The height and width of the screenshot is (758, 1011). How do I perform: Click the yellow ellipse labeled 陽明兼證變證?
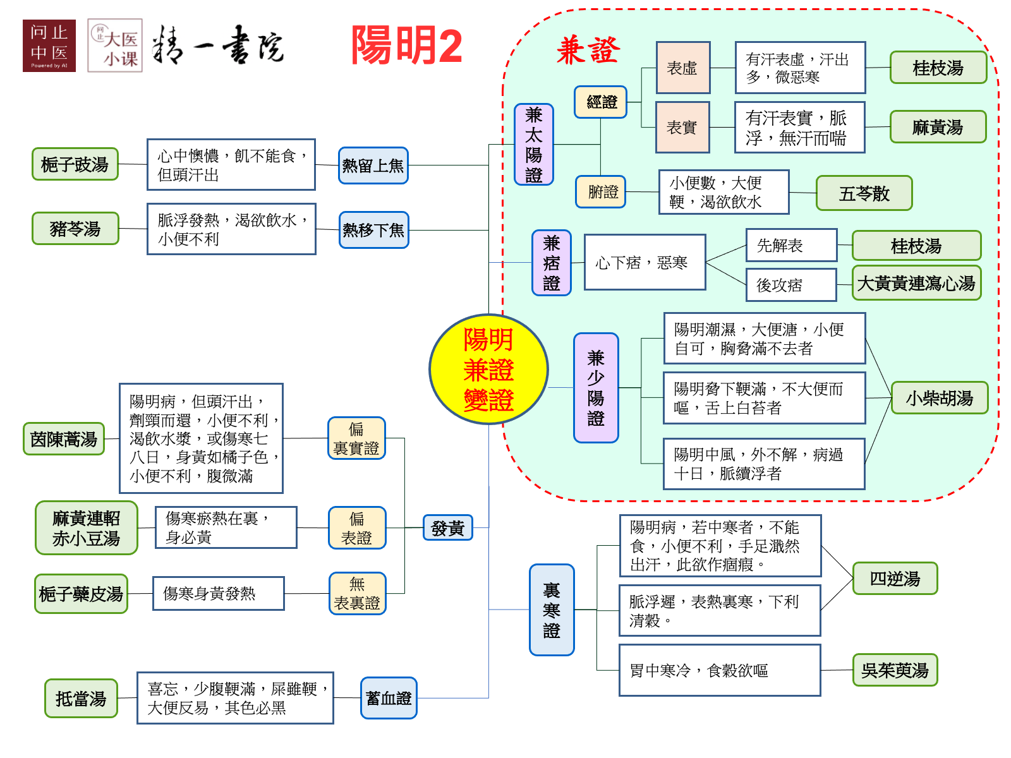point(488,370)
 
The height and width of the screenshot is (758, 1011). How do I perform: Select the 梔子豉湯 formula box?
point(75,164)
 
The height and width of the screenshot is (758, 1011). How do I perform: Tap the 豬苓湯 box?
point(75,228)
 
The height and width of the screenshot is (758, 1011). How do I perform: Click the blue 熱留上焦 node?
point(373,165)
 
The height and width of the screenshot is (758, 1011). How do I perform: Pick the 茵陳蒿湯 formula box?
point(64,439)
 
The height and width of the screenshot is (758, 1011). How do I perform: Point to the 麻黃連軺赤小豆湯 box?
point(87,528)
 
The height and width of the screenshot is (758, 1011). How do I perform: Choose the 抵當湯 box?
point(81,699)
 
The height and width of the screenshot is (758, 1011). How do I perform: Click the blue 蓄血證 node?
point(389,698)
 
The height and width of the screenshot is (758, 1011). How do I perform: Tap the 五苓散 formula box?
point(864,193)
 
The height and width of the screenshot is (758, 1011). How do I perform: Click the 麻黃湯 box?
point(938,127)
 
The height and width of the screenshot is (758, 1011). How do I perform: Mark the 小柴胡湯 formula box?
point(939,398)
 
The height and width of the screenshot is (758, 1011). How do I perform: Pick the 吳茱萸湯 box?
point(895,670)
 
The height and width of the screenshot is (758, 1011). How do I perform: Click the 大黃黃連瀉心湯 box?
point(916,283)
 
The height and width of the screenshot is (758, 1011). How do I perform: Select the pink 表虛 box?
point(682,68)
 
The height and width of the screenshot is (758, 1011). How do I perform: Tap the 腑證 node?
point(600,191)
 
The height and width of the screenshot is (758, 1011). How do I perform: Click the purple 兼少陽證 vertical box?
point(596,388)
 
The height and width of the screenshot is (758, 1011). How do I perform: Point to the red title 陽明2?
point(406,45)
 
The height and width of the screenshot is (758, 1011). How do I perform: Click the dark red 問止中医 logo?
point(49,45)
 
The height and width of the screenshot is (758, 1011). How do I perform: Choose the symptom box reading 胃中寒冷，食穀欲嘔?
point(720,670)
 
